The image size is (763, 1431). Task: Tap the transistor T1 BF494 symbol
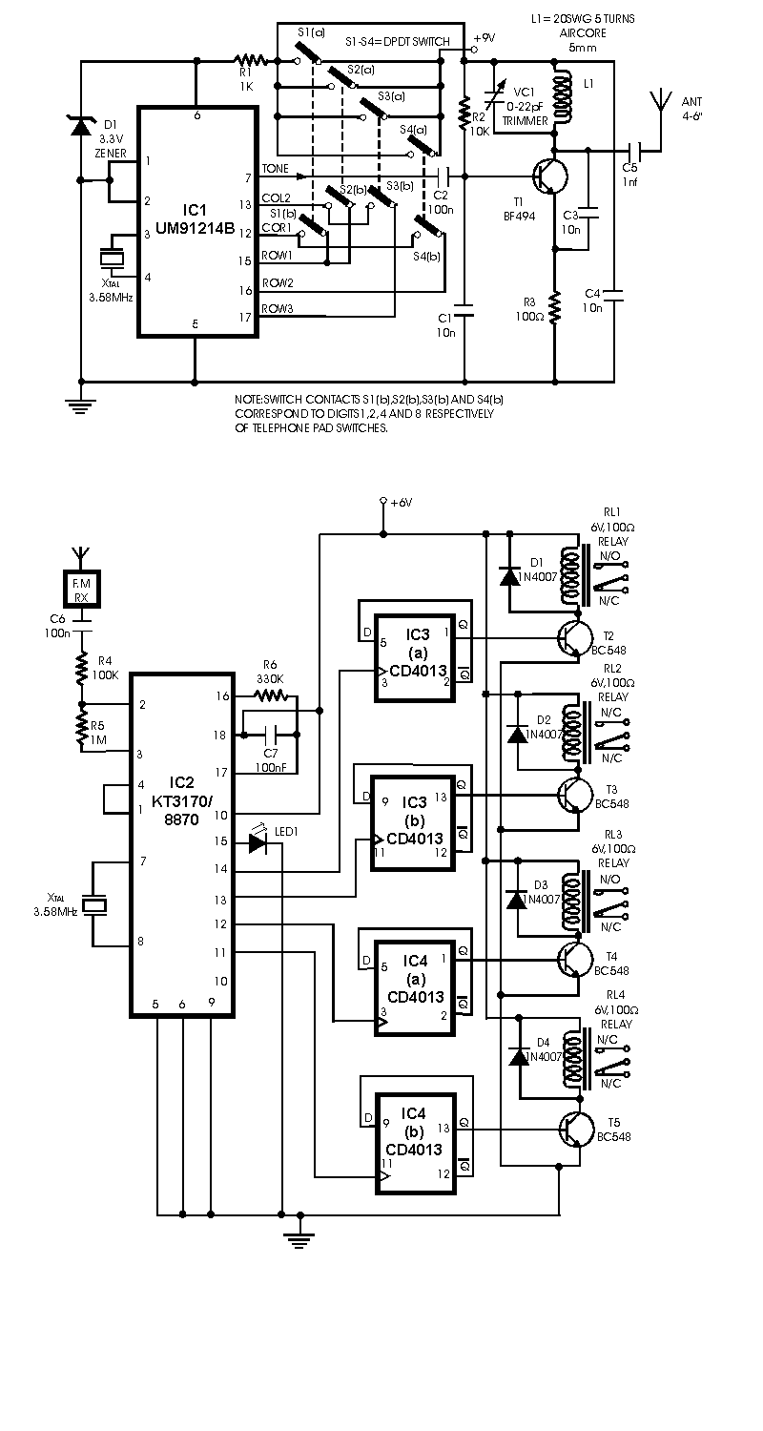[x=549, y=177]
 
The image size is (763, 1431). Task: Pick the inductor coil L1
[x=562, y=95]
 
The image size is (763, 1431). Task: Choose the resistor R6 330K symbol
[x=271, y=697]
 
